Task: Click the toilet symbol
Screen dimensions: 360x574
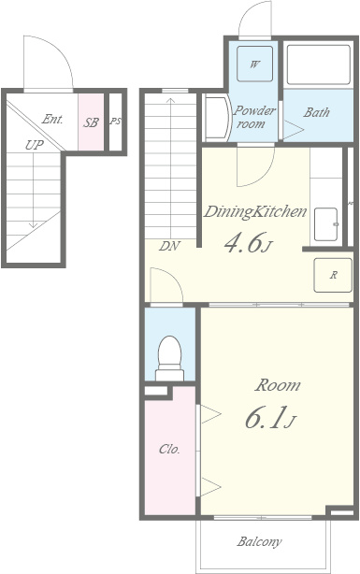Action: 169,358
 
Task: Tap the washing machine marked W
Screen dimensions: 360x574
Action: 254,65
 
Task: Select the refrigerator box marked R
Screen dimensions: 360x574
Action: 333,275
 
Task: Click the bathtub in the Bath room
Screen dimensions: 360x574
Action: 318,65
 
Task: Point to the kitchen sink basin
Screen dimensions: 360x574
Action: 326,224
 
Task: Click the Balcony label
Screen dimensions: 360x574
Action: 259,542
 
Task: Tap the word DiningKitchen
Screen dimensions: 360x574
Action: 255,211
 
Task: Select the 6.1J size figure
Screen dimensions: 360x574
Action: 270,418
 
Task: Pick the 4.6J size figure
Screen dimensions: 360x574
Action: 249,243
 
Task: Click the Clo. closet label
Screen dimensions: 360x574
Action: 169,449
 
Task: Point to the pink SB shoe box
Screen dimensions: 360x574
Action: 91,122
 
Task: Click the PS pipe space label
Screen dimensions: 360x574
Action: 115,122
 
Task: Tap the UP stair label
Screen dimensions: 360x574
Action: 34,145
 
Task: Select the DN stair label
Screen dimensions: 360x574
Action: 169,246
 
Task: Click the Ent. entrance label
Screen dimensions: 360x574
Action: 52,119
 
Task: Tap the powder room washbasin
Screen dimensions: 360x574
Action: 216,118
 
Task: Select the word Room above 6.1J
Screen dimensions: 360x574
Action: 278,385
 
